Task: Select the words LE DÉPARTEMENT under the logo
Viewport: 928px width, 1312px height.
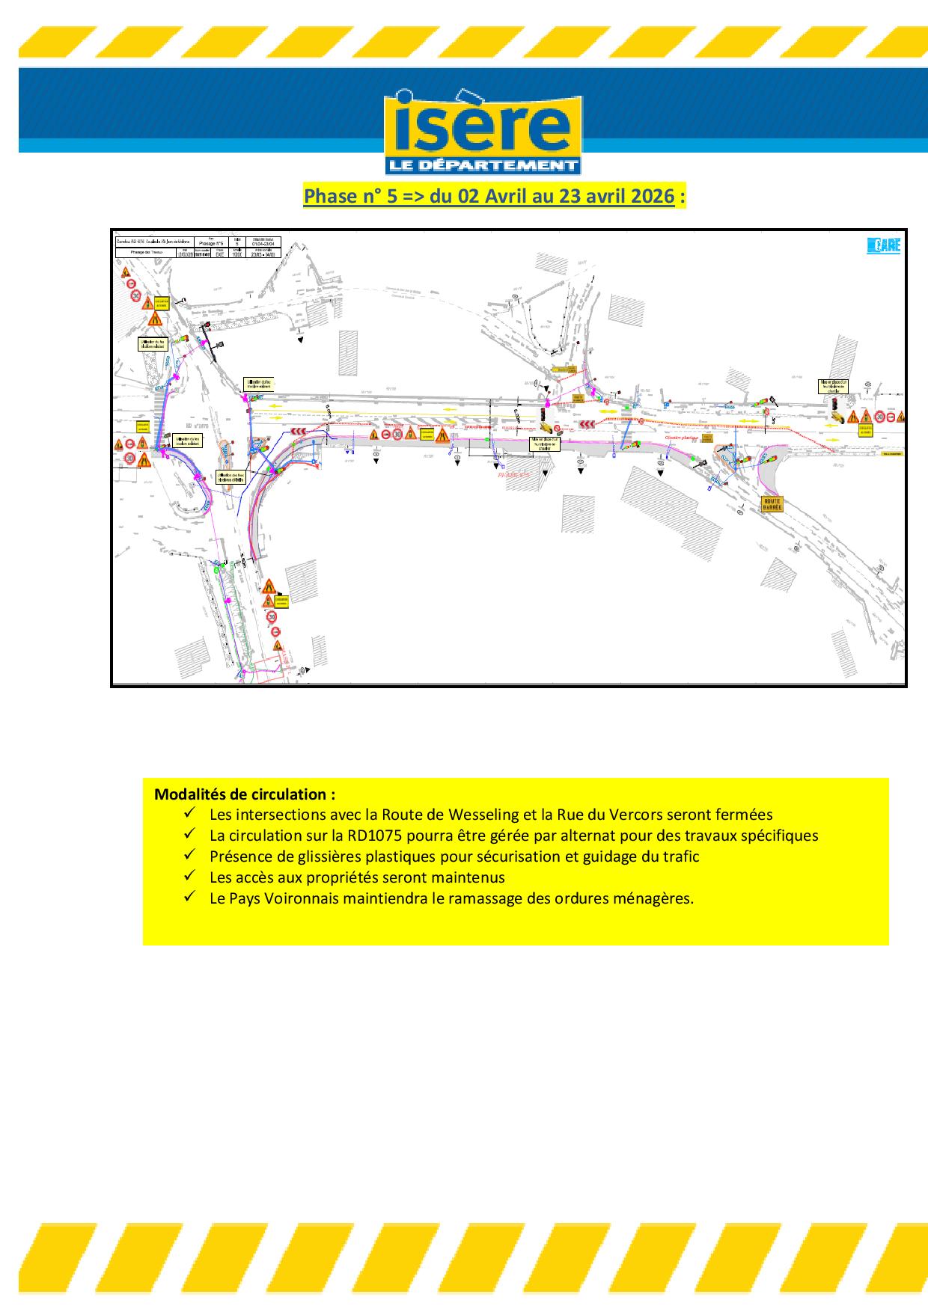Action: point(483,165)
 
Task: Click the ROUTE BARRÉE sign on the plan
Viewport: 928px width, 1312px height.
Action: point(772,503)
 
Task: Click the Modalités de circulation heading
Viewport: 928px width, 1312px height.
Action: point(245,794)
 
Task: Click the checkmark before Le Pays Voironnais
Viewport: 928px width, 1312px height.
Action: point(189,896)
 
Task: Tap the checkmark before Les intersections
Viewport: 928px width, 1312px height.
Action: point(189,812)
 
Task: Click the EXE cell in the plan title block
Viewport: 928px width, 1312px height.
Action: point(219,254)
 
